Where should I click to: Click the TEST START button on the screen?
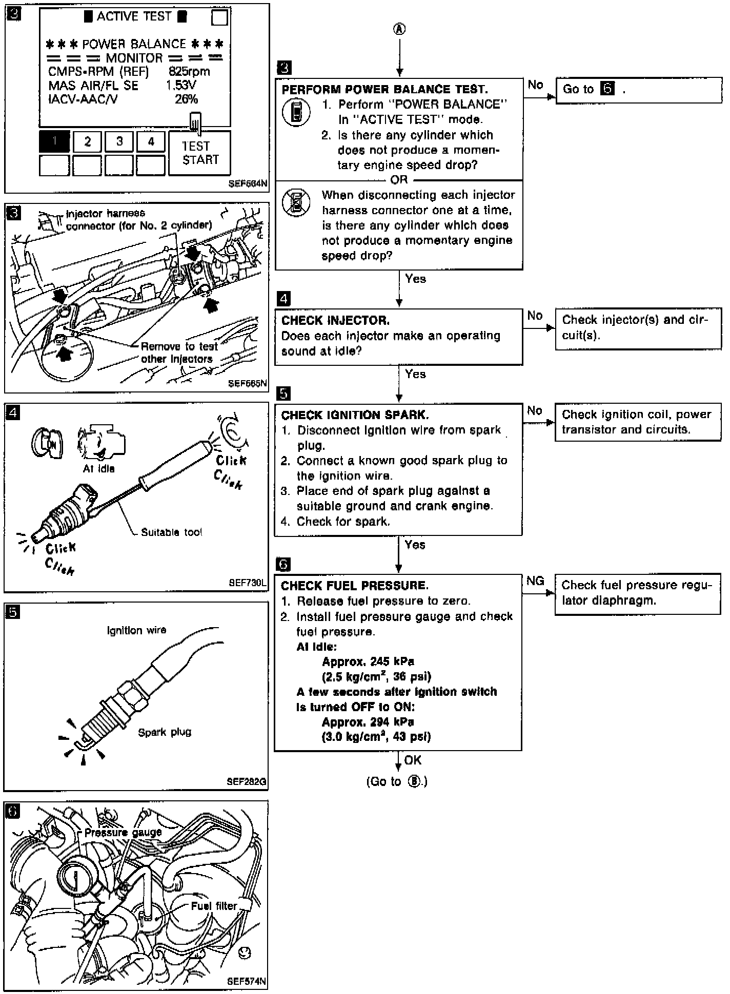click(199, 153)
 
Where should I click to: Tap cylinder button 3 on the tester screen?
click(119, 141)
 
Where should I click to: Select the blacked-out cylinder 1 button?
click(54, 141)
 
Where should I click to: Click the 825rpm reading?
click(189, 72)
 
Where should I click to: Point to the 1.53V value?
click(181, 85)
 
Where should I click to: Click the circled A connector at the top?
click(399, 29)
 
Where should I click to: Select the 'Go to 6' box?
click(638, 90)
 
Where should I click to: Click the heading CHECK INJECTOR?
click(335, 321)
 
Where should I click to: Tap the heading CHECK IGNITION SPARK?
click(355, 415)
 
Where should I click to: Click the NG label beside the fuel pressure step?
click(535, 581)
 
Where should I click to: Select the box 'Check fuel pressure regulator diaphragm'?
click(637, 593)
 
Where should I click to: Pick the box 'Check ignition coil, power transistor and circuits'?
click(637, 422)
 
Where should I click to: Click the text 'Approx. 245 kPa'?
click(368, 661)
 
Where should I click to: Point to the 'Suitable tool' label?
click(171, 532)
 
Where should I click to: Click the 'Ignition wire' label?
click(136, 630)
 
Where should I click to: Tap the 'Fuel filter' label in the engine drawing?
click(214, 906)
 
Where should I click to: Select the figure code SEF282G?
click(247, 782)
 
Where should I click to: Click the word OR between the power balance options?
click(399, 180)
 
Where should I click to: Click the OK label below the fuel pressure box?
click(413, 760)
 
